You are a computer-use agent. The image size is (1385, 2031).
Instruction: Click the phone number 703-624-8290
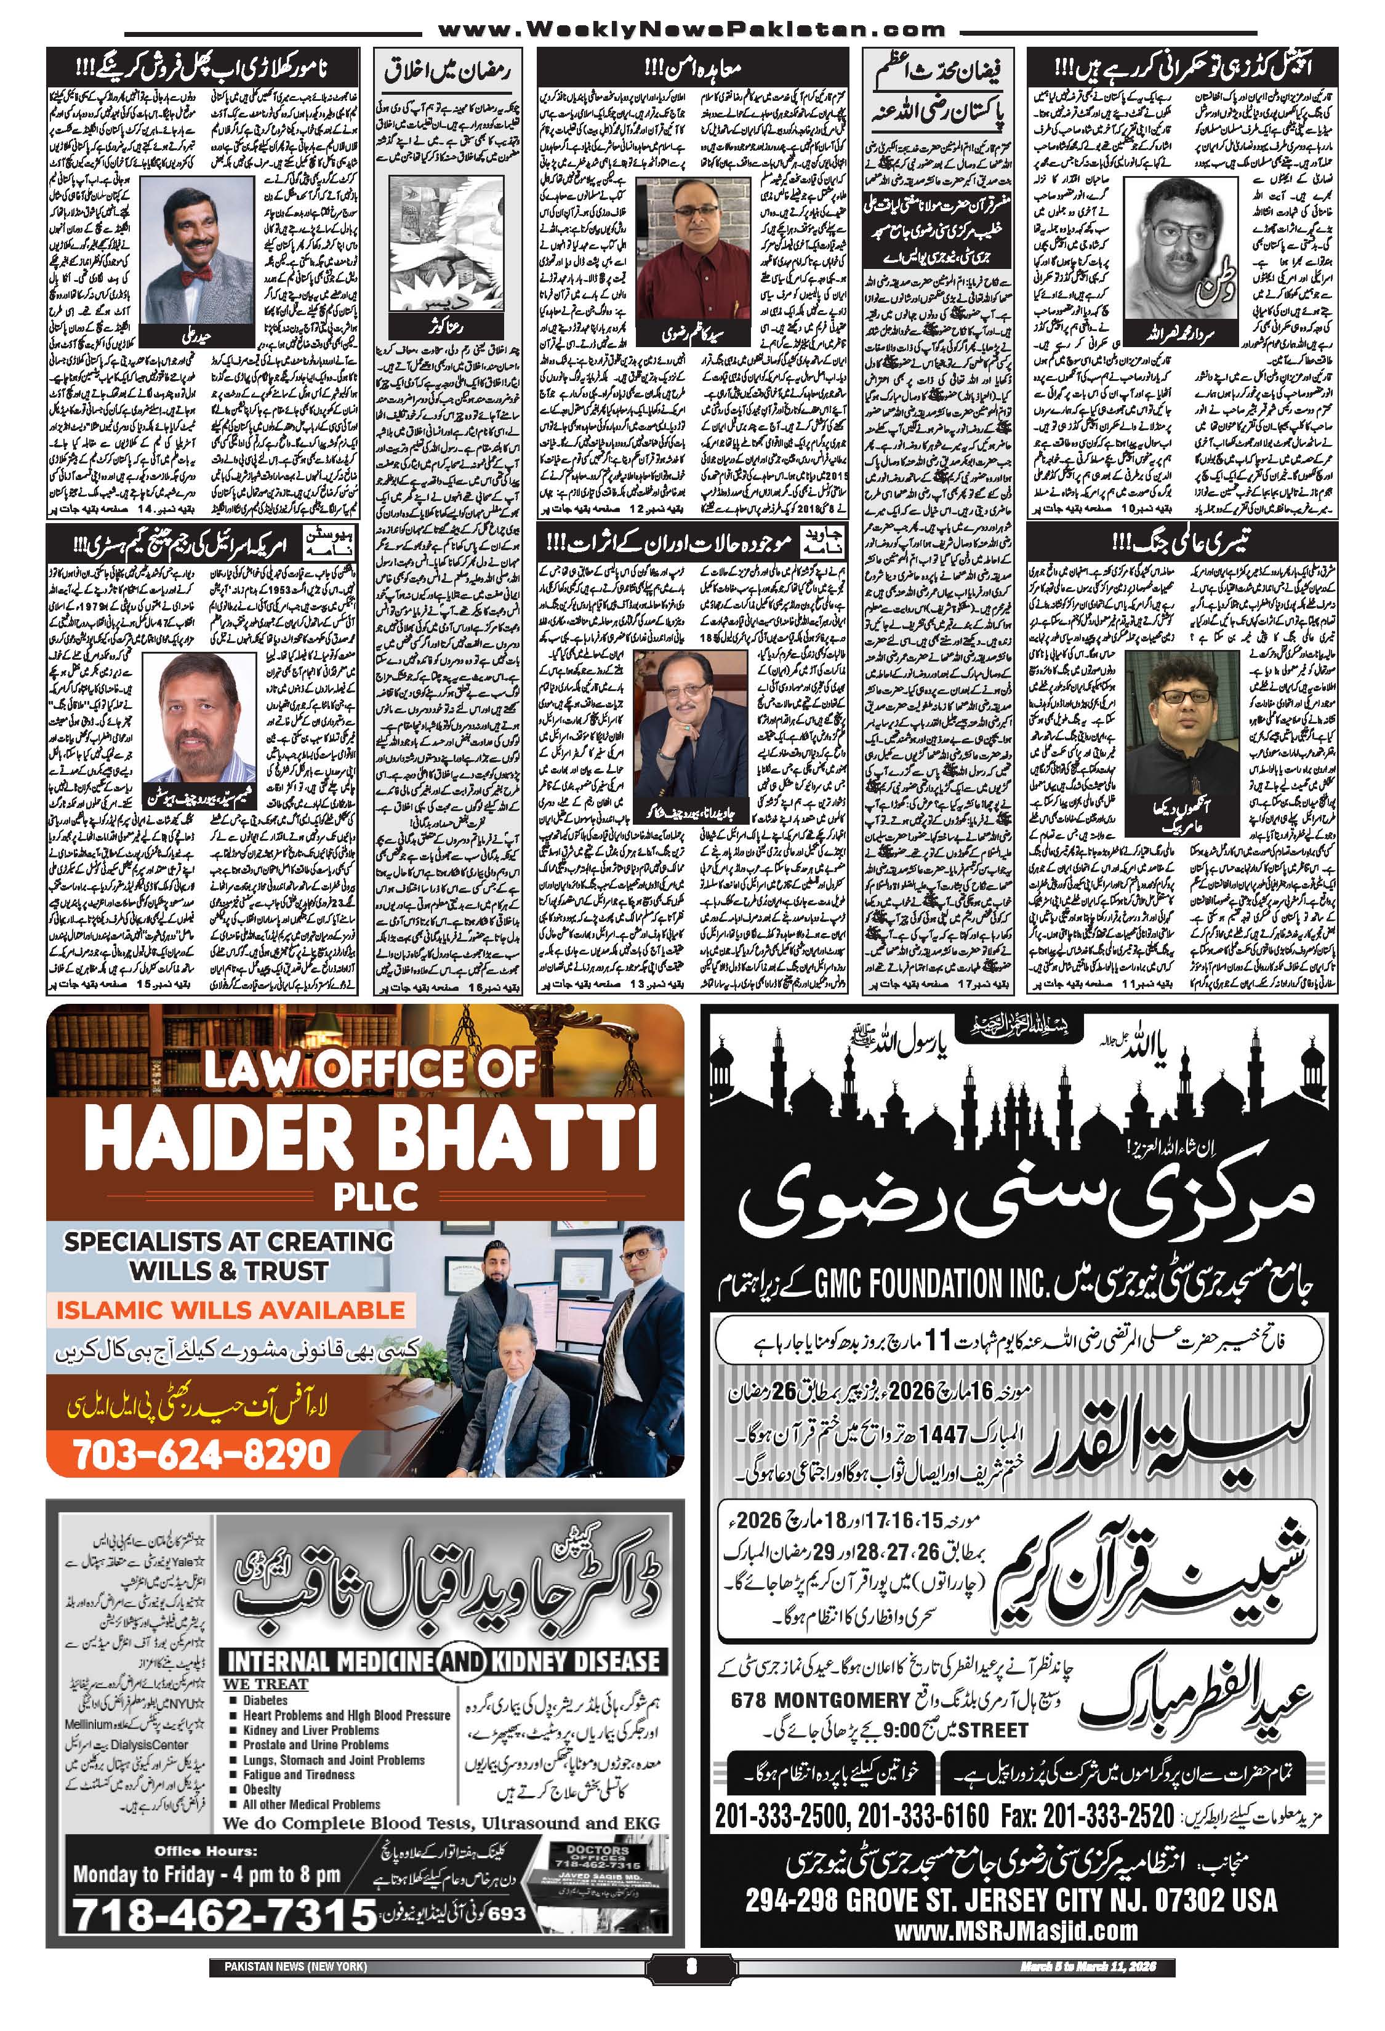coord(202,1454)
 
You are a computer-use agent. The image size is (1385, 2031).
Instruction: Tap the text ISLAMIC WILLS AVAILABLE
coord(231,1310)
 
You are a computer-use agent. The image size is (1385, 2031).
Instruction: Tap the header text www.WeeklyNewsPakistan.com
coord(691,31)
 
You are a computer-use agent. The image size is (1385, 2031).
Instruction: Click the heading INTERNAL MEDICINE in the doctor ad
coord(327,1660)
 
